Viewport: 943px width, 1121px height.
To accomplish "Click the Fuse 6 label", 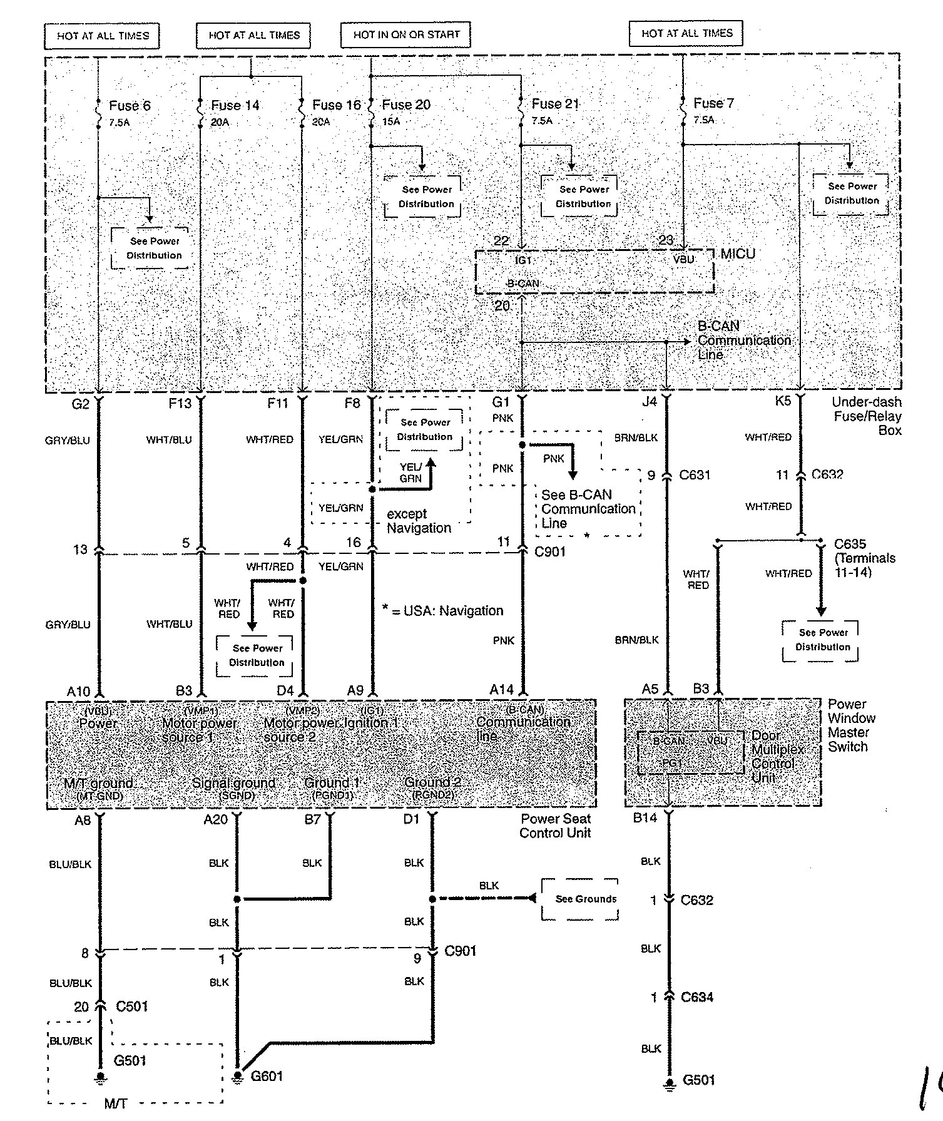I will point(130,106).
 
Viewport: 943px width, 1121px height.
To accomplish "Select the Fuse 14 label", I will point(235,105).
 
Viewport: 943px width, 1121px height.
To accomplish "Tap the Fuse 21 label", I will point(555,104).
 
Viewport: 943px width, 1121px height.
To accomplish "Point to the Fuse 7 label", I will point(713,103).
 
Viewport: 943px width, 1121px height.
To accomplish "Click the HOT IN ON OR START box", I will point(405,35).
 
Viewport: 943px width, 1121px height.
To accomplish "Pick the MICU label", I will point(738,253).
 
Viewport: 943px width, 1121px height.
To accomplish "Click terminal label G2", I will point(81,404).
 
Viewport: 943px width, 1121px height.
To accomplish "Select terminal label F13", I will point(180,404).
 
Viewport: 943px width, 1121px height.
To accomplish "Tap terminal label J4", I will point(650,402).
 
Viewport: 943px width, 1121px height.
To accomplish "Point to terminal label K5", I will point(783,401).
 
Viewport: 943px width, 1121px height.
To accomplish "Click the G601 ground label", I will point(267,1076).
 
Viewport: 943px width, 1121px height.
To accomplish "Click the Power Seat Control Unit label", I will point(555,826).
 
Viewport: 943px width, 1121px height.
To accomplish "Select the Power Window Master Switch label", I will point(851,725).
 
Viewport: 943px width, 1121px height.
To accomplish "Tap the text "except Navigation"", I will point(419,521).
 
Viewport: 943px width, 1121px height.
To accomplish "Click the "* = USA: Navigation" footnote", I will point(442,610).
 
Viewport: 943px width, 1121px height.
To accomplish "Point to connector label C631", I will point(695,475).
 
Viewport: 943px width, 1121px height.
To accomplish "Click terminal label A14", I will point(501,690).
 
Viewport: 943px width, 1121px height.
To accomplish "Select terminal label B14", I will point(645,818).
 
